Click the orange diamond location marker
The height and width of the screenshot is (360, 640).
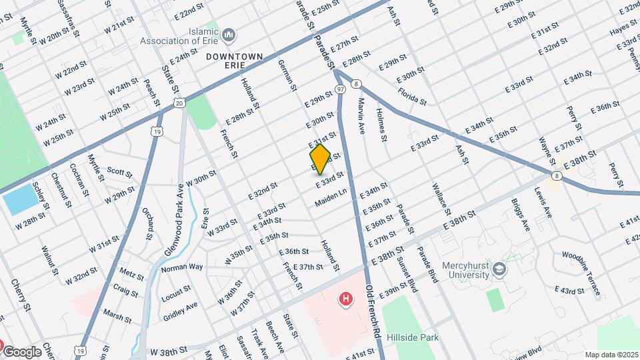[x=320, y=159]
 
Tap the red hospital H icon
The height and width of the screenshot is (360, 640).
[x=345, y=299]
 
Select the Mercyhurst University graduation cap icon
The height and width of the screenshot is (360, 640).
[x=501, y=268]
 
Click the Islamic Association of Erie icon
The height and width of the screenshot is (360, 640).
[x=229, y=34]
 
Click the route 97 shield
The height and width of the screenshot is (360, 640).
[x=340, y=89]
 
